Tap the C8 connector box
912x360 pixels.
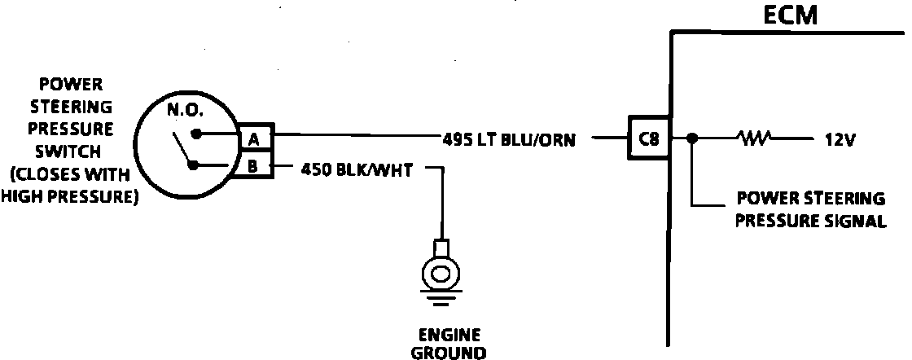click(649, 138)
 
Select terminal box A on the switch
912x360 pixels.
click(254, 139)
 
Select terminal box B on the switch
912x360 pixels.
click(254, 167)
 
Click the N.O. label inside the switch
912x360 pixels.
click(186, 109)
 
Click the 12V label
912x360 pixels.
click(839, 139)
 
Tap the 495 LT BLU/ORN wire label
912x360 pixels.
click(509, 139)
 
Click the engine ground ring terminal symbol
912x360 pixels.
click(441, 274)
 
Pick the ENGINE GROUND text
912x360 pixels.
click(449, 344)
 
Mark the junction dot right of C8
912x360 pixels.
click(691, 138)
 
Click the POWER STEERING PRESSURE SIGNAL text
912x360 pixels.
click(810, 209)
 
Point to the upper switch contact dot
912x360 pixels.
click(196, 134)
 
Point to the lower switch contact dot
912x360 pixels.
click(193, 165)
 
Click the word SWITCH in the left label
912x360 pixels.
click(69, 151)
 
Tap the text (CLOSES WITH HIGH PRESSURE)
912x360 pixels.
click(69, 185)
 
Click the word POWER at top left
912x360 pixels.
click(69, 84)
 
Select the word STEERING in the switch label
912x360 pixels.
click(69, 107)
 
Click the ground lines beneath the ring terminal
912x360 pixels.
click(441, 302)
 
